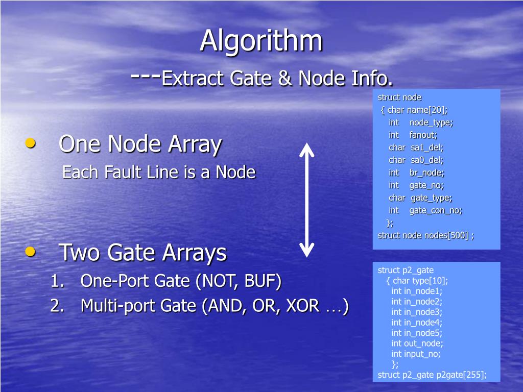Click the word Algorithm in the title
pyautogui.click(x=261, y=41)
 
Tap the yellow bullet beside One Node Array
pyautogui.click(x=31, y=144)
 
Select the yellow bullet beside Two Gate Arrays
pyautogui.click(x=31, y=251)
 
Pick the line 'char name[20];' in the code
pyautogui.click(x=417, y=110)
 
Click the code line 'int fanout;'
pyautogui.click(x=413, y=135)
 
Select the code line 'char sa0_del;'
pyautogui.click(x=416, y=160)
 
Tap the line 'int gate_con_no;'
pyautogui.click(x=425, y=210)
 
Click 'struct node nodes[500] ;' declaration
pyautogui.click(x=425, y=235)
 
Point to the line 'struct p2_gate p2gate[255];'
pyautogui.click(x=432, y=375)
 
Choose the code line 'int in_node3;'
pyautogui.click(x=417, y=312)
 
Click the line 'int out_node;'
pyautogui.click(x=417, y=343)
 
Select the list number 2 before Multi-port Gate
pyautogui.click(x=56, y=306)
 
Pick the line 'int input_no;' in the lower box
pyautogui.click(x=416, y=354)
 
